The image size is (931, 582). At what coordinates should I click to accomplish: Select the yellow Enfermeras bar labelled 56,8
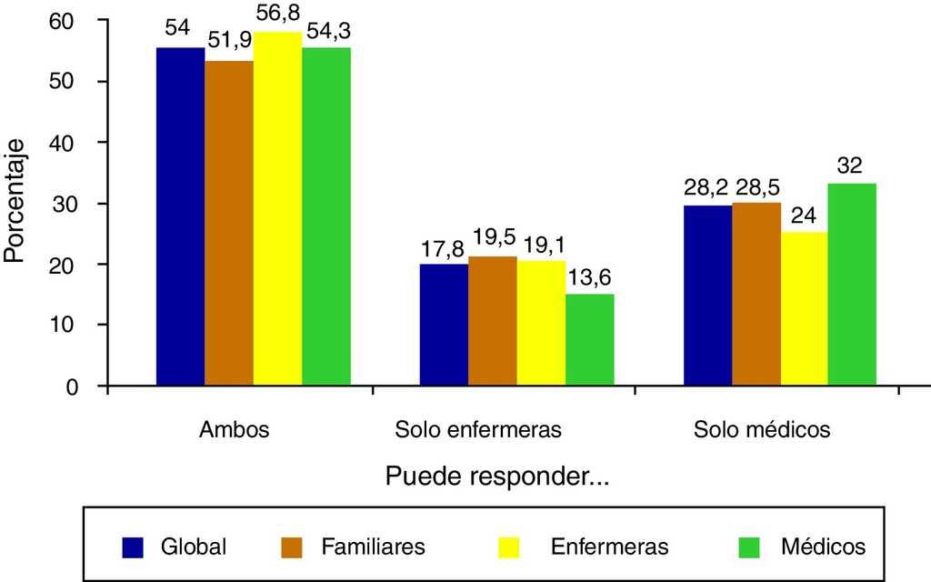(277, 209)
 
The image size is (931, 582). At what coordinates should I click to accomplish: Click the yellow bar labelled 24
(805, 308)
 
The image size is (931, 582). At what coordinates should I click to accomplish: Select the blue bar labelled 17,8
(443, 324)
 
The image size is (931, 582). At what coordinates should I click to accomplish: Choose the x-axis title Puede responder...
(496, 477)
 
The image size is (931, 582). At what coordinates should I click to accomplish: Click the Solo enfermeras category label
(478, 429)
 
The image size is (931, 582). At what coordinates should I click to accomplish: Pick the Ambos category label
(235, 429)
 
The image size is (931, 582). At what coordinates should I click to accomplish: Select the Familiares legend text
(373, 547)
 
